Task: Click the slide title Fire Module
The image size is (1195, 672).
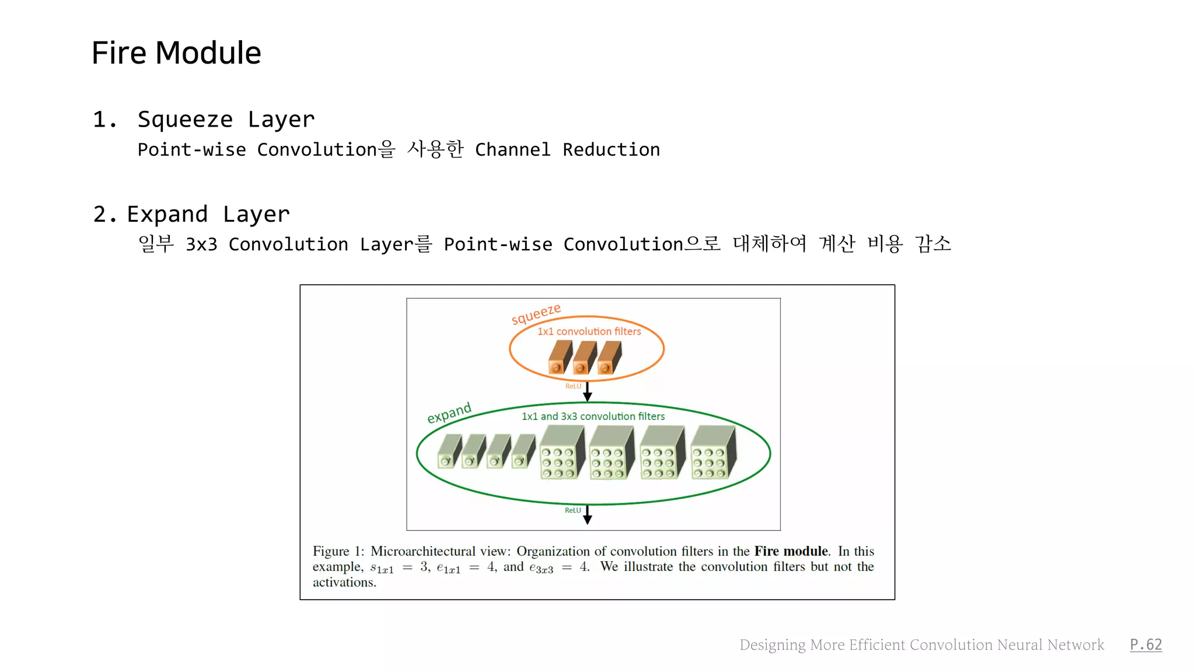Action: click(x=176, y=53)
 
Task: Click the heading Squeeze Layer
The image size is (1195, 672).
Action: click(x=226, y=120)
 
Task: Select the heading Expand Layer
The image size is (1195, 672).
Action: click(x=208, y=214)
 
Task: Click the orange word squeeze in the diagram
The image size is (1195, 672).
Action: click(x=536, y=314)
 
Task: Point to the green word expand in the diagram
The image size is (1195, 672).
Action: click(x=449, y=413)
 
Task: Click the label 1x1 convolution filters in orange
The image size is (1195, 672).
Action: click(x=589, y=331)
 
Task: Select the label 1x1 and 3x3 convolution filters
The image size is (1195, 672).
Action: click(x=593, y=416)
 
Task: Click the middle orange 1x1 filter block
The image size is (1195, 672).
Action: click(x=584, y=357)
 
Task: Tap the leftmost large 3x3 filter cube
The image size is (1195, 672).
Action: click(x=562, y=453)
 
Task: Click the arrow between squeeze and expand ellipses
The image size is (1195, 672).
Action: click(x=588, y=391)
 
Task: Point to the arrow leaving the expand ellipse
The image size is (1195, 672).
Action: click(x=588, y=515)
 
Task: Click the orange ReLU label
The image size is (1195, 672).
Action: click(x=573, y=386)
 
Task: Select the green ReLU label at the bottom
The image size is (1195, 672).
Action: click(x=572, y=510)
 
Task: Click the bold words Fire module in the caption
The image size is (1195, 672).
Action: click(x=791, y=551)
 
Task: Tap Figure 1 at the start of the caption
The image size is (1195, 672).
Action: click(x=338, y=551)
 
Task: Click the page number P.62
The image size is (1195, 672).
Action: click(x=1145, y=645)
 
